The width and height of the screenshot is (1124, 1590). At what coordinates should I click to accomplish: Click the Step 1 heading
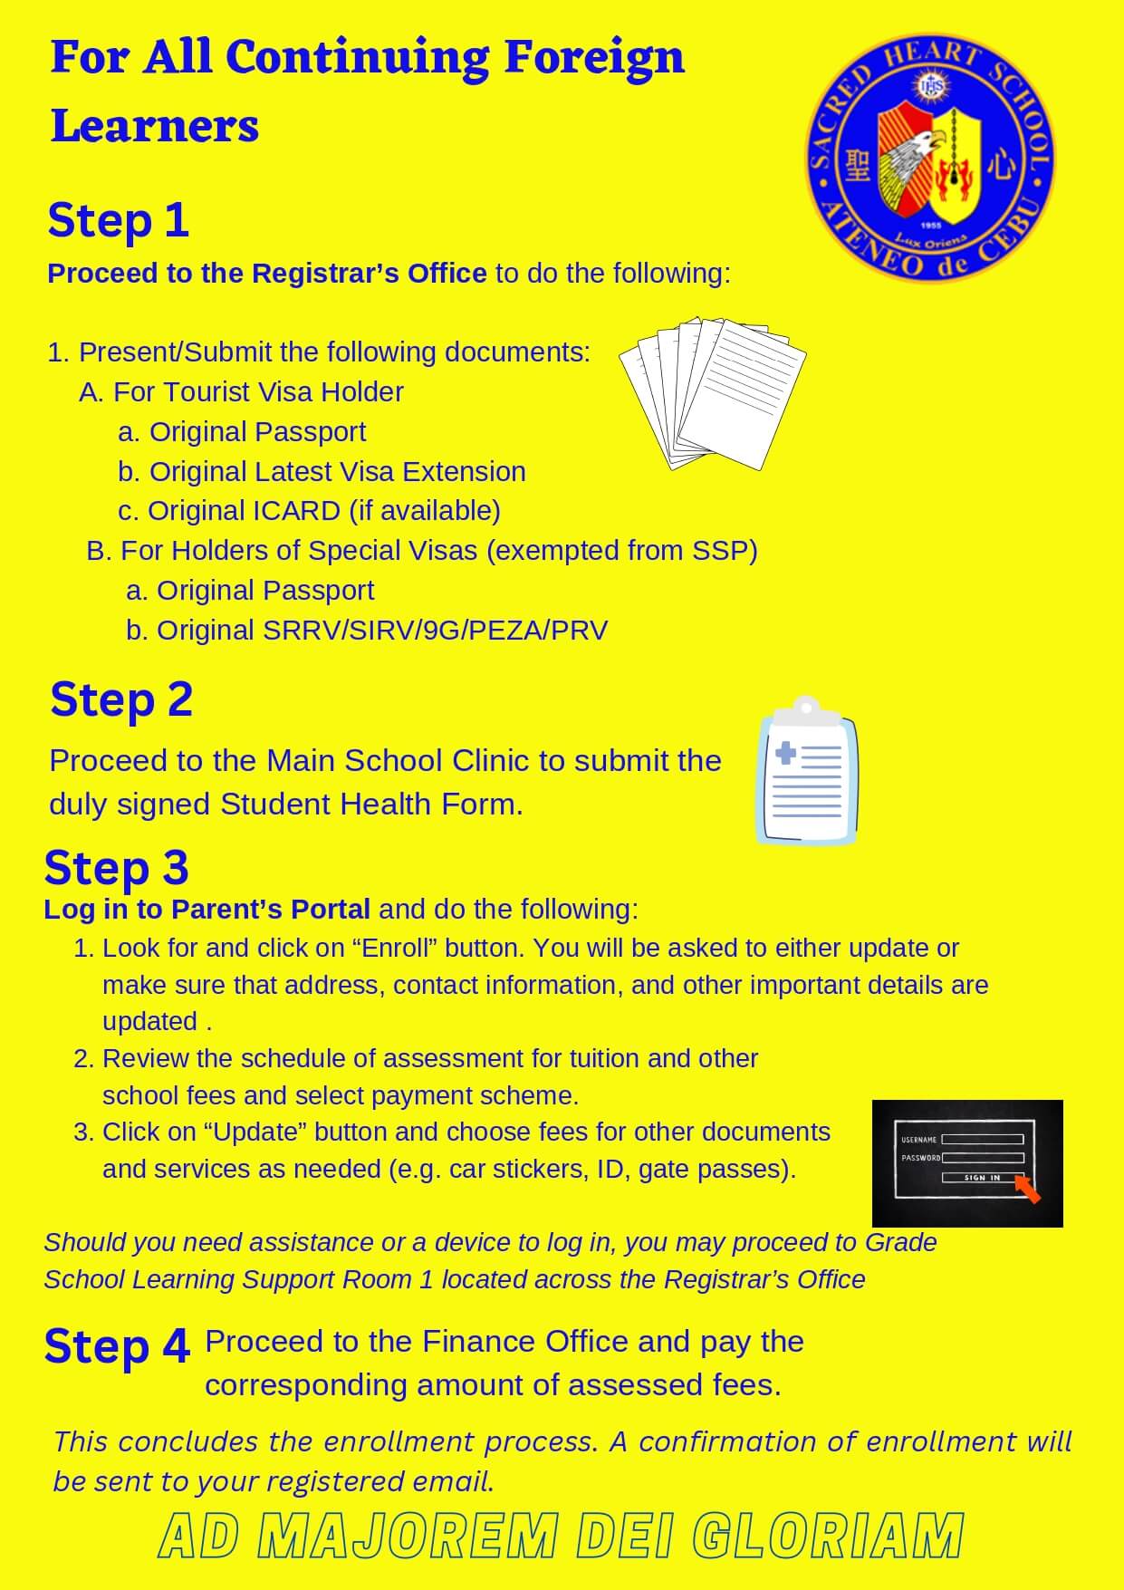coord(118,221)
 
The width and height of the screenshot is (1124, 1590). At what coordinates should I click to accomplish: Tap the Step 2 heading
coord(121,700)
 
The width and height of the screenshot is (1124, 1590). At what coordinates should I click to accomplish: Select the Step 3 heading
coord(116,868)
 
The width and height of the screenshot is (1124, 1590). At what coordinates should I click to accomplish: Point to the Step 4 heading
coord(117,1346)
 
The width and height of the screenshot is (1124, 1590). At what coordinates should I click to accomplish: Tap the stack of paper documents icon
coord(713,391)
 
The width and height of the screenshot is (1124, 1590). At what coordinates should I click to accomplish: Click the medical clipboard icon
coord(807,771)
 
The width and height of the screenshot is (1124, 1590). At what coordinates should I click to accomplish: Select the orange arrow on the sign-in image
coord(1028,1189)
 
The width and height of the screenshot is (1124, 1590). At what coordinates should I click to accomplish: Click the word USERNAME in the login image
coord(918,1140)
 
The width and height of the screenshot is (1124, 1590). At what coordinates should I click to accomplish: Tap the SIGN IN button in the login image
coord(982,1178)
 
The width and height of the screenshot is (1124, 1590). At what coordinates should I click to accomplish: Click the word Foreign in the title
coord(593,58)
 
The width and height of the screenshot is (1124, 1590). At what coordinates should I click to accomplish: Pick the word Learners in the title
coord(155,126)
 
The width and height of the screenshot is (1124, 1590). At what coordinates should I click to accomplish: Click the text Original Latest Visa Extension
coord(337,472)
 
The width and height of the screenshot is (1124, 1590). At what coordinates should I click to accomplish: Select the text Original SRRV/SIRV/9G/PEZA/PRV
coord(381,631)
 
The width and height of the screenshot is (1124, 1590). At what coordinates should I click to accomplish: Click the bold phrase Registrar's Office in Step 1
coord(369,274)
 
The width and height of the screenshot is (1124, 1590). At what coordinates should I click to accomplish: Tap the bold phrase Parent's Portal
coord(271,910)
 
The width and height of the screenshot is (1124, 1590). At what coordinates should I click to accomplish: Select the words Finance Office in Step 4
coord(525,1342)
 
